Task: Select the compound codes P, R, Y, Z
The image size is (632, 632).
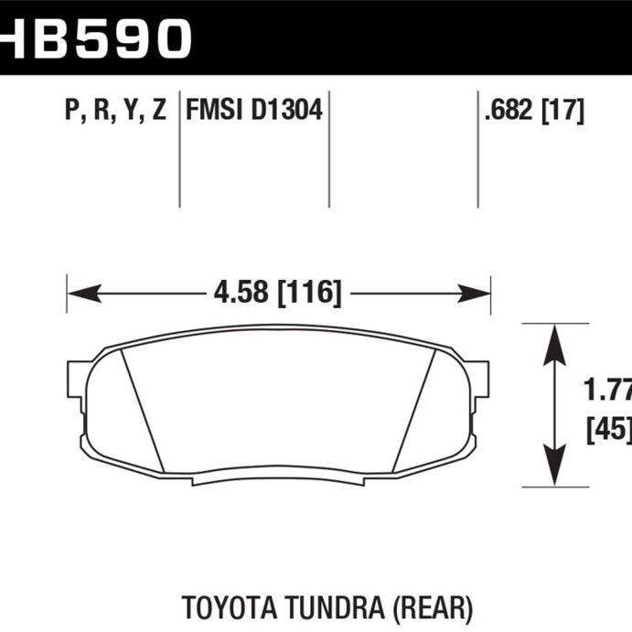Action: (115, 112)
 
